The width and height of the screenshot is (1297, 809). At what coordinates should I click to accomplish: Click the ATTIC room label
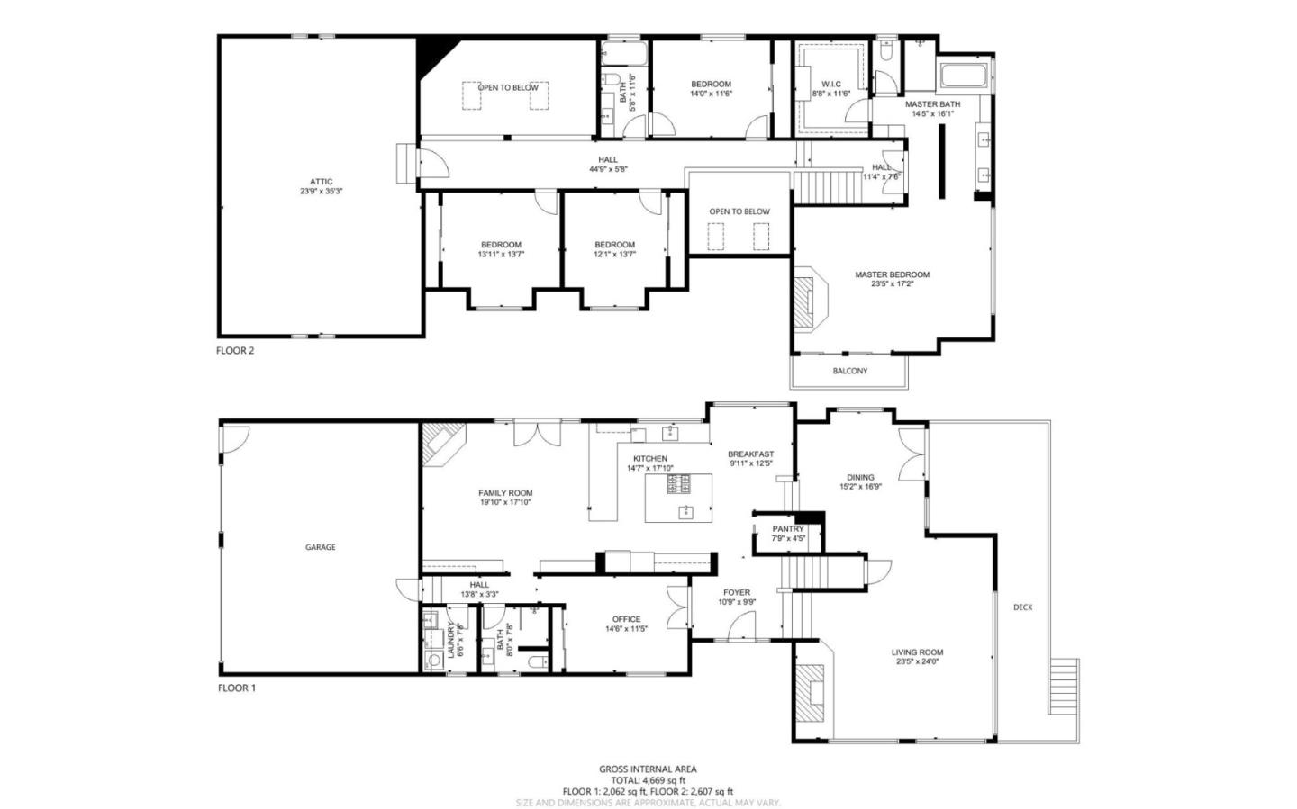click(321, 182)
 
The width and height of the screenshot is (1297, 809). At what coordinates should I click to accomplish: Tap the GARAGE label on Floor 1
click(320, 547)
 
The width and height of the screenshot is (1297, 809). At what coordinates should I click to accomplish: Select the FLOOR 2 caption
click(235, 351)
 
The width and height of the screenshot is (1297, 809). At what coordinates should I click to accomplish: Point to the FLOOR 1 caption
click(237, 688)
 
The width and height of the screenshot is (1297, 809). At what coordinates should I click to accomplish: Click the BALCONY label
click(849, 371)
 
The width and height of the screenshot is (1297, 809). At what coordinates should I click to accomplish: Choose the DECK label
click(1022, 607)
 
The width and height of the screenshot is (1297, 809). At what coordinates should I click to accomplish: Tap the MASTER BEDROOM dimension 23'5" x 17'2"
click(892, 284)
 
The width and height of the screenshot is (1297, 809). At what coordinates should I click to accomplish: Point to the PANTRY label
click(787, 529)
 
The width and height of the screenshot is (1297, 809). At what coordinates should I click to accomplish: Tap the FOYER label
click(736, 593)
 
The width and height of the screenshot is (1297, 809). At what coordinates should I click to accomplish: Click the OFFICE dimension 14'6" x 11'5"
click(626, 629)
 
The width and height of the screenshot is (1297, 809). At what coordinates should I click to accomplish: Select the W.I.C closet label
click(830, 84)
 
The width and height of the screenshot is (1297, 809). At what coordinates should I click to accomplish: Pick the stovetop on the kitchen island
click(678, 485)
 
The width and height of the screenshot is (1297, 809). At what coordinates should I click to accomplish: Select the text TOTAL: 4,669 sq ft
click(648, 780)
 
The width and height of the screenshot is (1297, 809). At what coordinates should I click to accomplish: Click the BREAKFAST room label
click(750, 454)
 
